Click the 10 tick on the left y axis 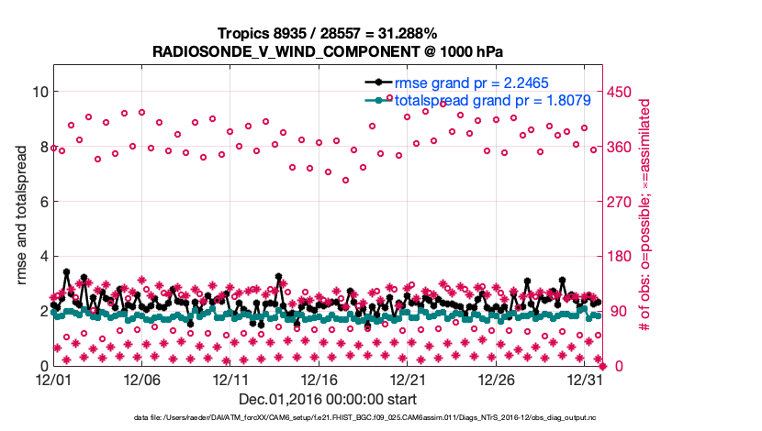[39, 92]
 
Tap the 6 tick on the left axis [42, 202]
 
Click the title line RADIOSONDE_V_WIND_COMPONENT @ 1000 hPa [328, 50]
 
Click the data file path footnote [364, 417]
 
